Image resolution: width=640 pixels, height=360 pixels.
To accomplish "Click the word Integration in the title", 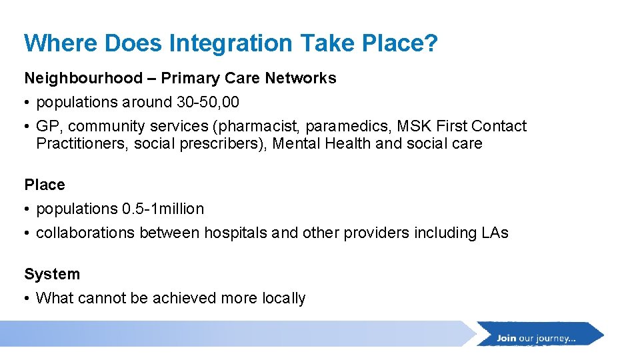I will (231, 43).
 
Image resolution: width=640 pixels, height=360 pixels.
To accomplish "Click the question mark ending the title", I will (431, 43).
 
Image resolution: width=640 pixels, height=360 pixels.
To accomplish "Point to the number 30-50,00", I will (206, 102).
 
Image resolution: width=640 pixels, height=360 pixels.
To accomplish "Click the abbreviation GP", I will (47, 126).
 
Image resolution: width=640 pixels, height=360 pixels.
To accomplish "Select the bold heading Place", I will (45, 185).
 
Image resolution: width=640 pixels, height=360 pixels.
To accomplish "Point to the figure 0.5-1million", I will (163, 209).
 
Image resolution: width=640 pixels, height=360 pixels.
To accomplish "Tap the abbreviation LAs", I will (494, 233).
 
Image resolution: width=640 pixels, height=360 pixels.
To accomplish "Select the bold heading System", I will (52, 274).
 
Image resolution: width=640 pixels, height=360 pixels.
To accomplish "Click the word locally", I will (283, 298).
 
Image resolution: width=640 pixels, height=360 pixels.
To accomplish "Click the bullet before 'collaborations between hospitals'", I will (27, 233).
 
